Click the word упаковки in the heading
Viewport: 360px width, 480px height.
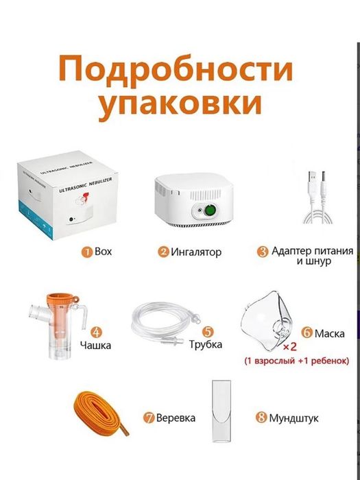[180, 107]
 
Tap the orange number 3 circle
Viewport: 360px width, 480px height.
[263, 252]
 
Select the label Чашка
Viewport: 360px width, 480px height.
[95, 345]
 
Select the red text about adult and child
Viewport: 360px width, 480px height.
[298, 360]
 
